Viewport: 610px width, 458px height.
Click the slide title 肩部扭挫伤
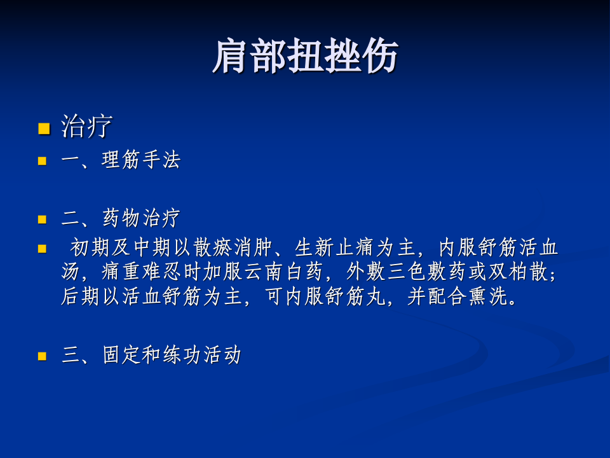[305, 56]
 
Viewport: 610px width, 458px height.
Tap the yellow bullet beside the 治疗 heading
[43, 129]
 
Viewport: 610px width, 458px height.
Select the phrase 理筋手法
[141, 160]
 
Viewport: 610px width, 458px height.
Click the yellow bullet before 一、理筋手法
[43, 162]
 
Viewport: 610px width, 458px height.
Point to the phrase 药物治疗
[141, 219]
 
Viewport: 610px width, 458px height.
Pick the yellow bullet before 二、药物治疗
[43, 220]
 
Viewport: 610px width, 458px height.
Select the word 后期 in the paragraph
[81, 297]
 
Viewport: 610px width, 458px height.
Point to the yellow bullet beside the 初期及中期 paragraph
[43, 249]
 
